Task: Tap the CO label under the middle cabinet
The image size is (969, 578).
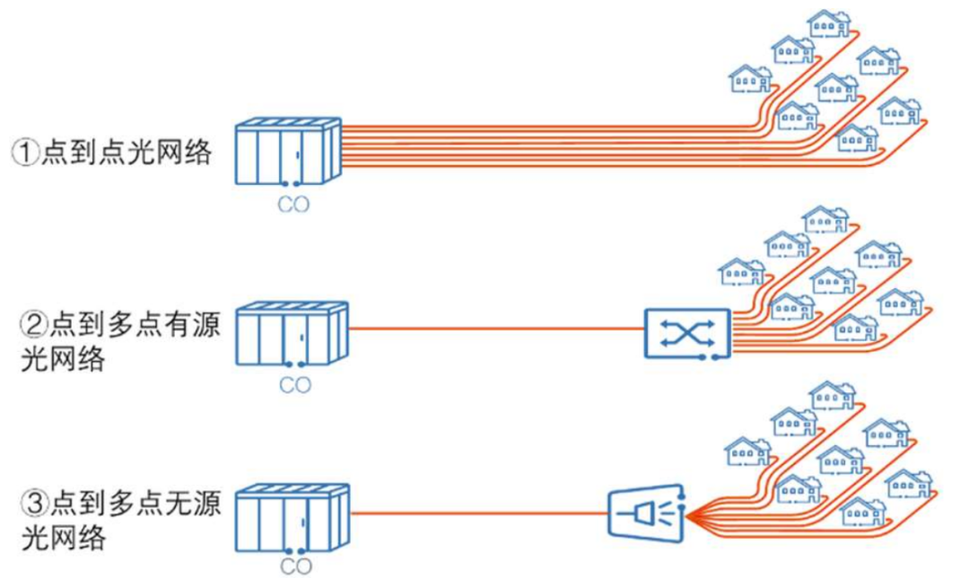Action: tap(294, 387)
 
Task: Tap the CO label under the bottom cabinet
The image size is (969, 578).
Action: tap(294, 566)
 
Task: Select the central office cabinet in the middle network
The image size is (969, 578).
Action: tap(291, 334)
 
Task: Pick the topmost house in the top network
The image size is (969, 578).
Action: tap(828, 23)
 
